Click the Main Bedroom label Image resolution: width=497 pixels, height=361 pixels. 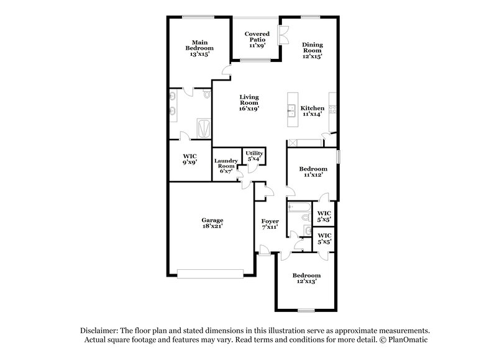click(201, 48)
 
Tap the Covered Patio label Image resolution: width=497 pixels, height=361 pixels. click(256, 40)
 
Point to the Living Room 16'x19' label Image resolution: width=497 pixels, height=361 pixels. click(248, 102)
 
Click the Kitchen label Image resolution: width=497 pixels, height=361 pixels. click(312, 110)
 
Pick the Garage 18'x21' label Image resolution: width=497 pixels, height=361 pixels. click(211, 223)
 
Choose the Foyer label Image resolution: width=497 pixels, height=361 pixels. click(270, 224)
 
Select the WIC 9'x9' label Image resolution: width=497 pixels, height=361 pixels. click(190, 159)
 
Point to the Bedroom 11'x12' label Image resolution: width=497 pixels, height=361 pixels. click(312, 172)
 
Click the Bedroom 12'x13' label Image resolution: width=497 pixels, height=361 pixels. click(307, 279)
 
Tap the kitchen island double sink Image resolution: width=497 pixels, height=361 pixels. click(290, 112)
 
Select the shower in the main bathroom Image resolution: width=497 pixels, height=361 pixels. click(203, 129)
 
